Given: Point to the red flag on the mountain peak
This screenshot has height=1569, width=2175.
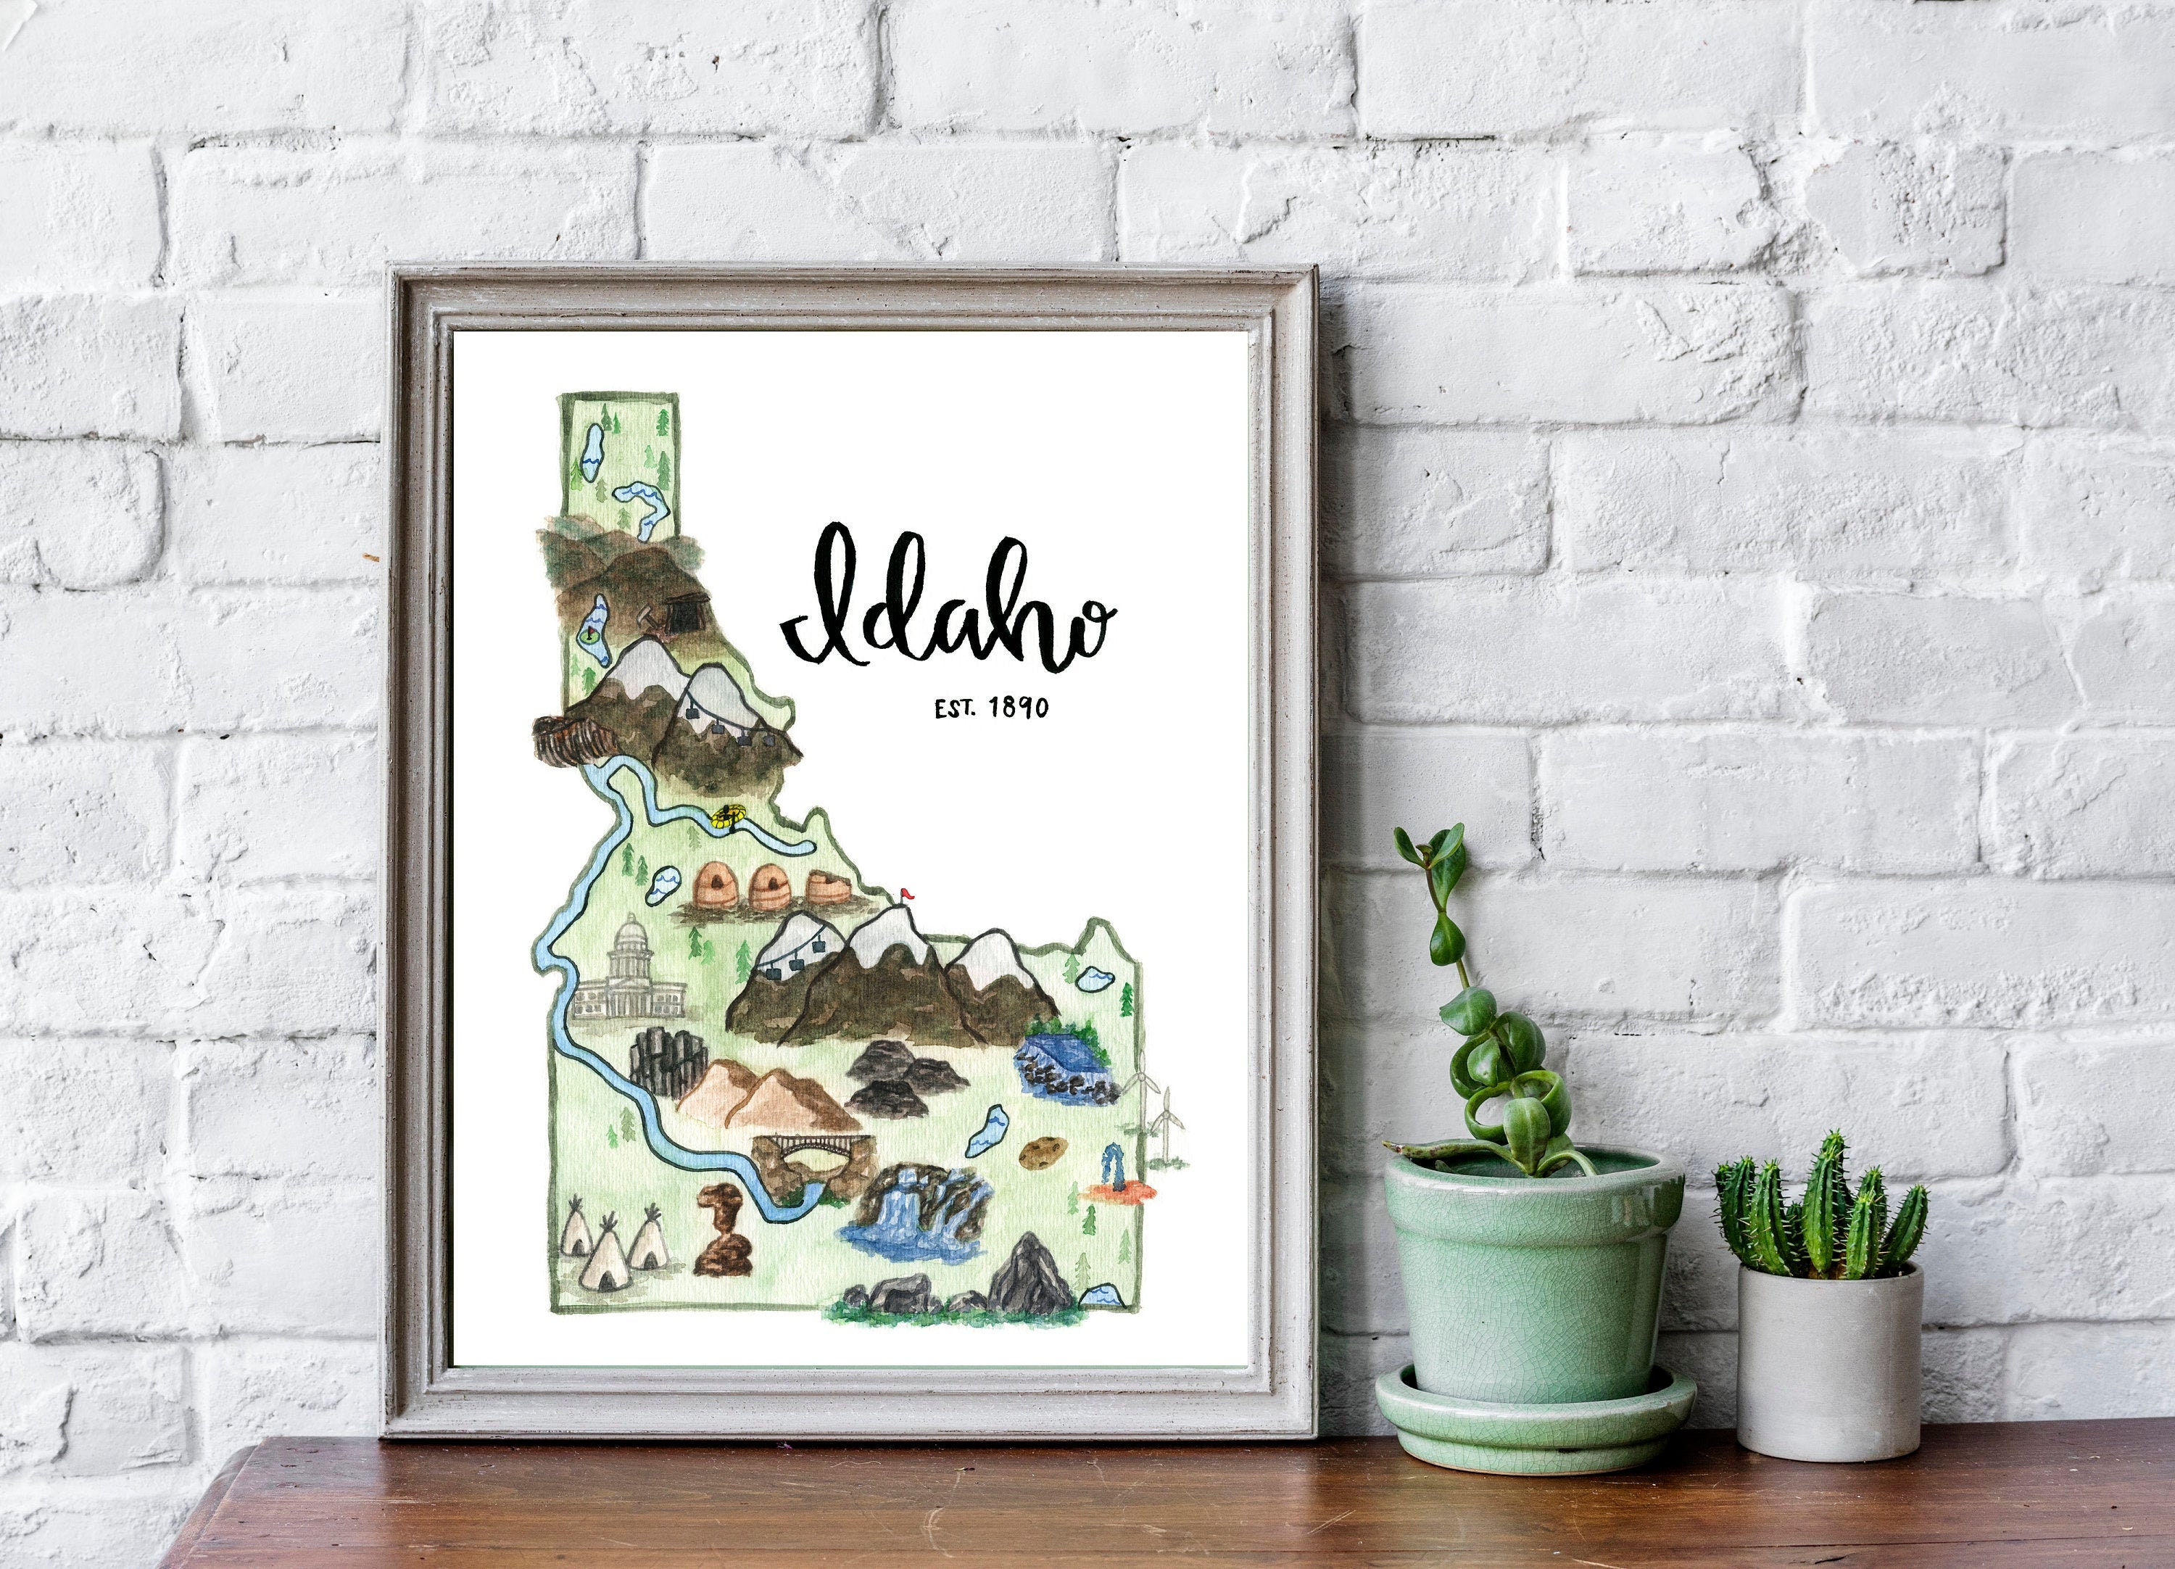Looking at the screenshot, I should click(906, 895).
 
